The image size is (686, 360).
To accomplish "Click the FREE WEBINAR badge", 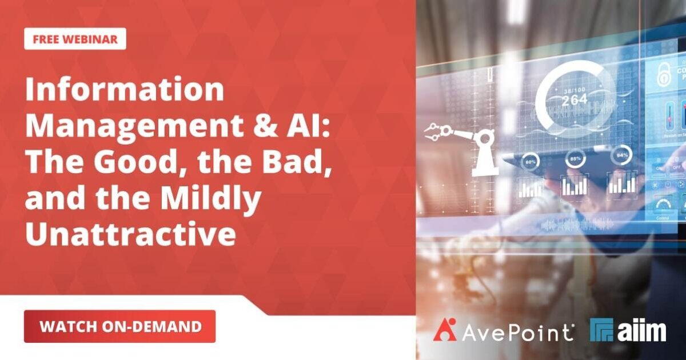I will coord(75,39).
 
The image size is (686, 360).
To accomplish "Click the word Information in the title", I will coord(124,90).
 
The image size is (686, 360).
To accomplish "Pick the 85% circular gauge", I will coord(574,158).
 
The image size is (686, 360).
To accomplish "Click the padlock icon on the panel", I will coord(665,74).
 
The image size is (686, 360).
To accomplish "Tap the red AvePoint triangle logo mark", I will coord(445,330).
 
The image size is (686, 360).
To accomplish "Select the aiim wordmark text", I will coord(642,330).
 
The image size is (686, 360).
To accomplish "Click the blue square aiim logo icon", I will coord(601,330).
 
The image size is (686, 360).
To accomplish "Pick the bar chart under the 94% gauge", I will coord(621,182).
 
